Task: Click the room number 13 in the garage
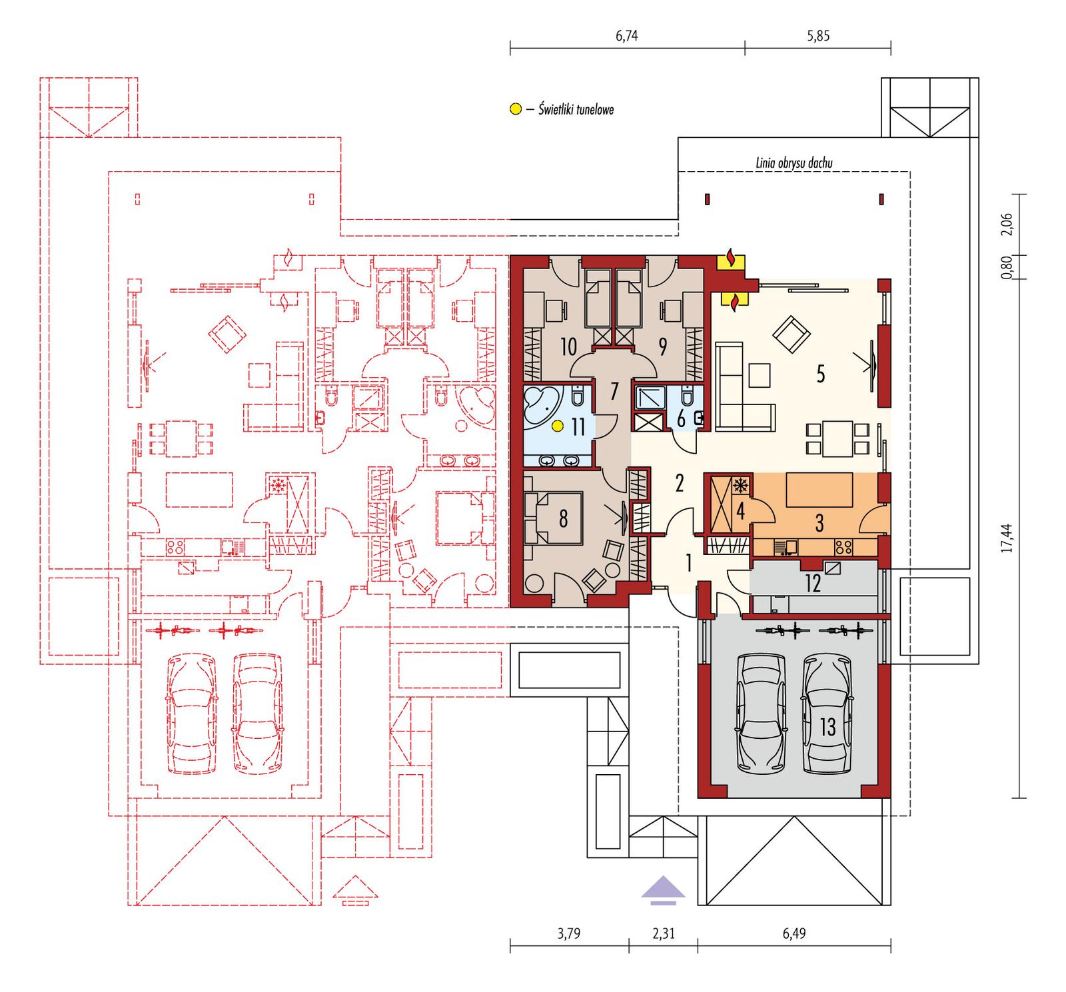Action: pyautogui.click(x=827, y=727)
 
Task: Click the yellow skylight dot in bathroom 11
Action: pyautogui.click(x=556, y=426)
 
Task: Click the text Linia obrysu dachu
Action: pyautogui.click(x=794, y=163)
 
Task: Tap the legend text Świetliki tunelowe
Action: pyautogui.click(x=576, y=109)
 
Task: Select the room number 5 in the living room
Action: pyautogui.click(x=820, y=374)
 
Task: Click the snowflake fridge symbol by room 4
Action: pyautogui.click(x=740, y=485)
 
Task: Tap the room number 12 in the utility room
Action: pyautogui.click(x=812, y=584)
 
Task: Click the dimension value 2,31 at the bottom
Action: pyautogui.click(x=663, y=933)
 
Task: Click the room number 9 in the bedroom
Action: pyautogui.click(x=662, y=346)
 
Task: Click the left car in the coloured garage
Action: pyautogui.click(x=760, y=713)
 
